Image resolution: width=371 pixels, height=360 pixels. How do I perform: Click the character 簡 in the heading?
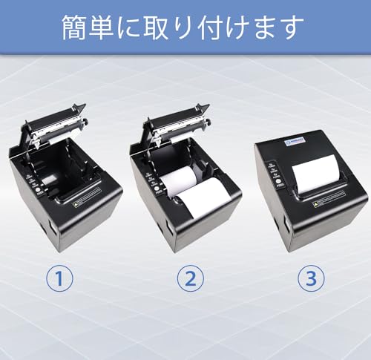78,27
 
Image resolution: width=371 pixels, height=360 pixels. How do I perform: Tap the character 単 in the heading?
111,27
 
